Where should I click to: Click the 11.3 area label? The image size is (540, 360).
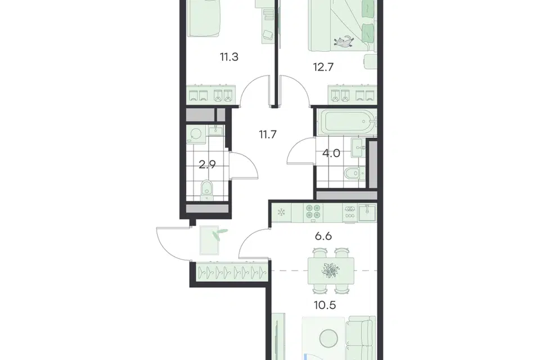[229, 57]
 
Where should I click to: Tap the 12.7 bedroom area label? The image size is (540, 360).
[323, 67]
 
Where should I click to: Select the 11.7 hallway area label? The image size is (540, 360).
[268, 134]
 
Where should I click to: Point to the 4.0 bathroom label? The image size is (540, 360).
[331, 153]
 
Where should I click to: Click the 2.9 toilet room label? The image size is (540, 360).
[208, 164]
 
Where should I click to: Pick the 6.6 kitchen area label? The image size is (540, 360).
[323, 236]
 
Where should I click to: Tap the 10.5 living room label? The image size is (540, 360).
[325, 305]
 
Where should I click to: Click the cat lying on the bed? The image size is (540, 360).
[343, 41]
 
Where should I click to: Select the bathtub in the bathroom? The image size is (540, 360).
[346, 122]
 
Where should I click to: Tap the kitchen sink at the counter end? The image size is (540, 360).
[367, 213]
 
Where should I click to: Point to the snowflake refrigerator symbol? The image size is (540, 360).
[281, 211]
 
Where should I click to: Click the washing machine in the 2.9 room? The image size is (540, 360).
[196, 134]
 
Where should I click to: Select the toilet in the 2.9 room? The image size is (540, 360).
[206, 190]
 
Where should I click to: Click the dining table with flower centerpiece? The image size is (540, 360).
[331, 271]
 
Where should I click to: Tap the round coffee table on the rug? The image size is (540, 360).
[328, 339]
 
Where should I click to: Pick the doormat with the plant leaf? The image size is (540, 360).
[209, 240]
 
